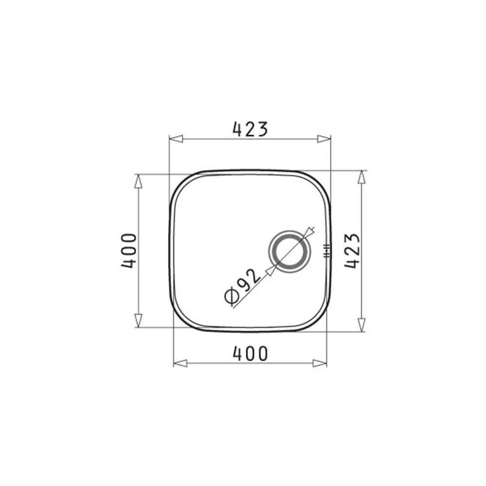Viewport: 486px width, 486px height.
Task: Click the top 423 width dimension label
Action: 250,129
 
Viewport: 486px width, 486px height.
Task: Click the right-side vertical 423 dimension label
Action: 352,251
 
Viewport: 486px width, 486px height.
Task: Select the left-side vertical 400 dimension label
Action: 129,251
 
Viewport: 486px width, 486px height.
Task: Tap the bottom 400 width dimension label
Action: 250,354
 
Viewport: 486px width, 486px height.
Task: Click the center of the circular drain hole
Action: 289,252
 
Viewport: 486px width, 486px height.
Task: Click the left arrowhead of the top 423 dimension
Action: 176,139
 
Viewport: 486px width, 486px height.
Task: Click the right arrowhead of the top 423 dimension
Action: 324,139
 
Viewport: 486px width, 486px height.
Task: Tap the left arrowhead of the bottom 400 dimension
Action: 180,363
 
